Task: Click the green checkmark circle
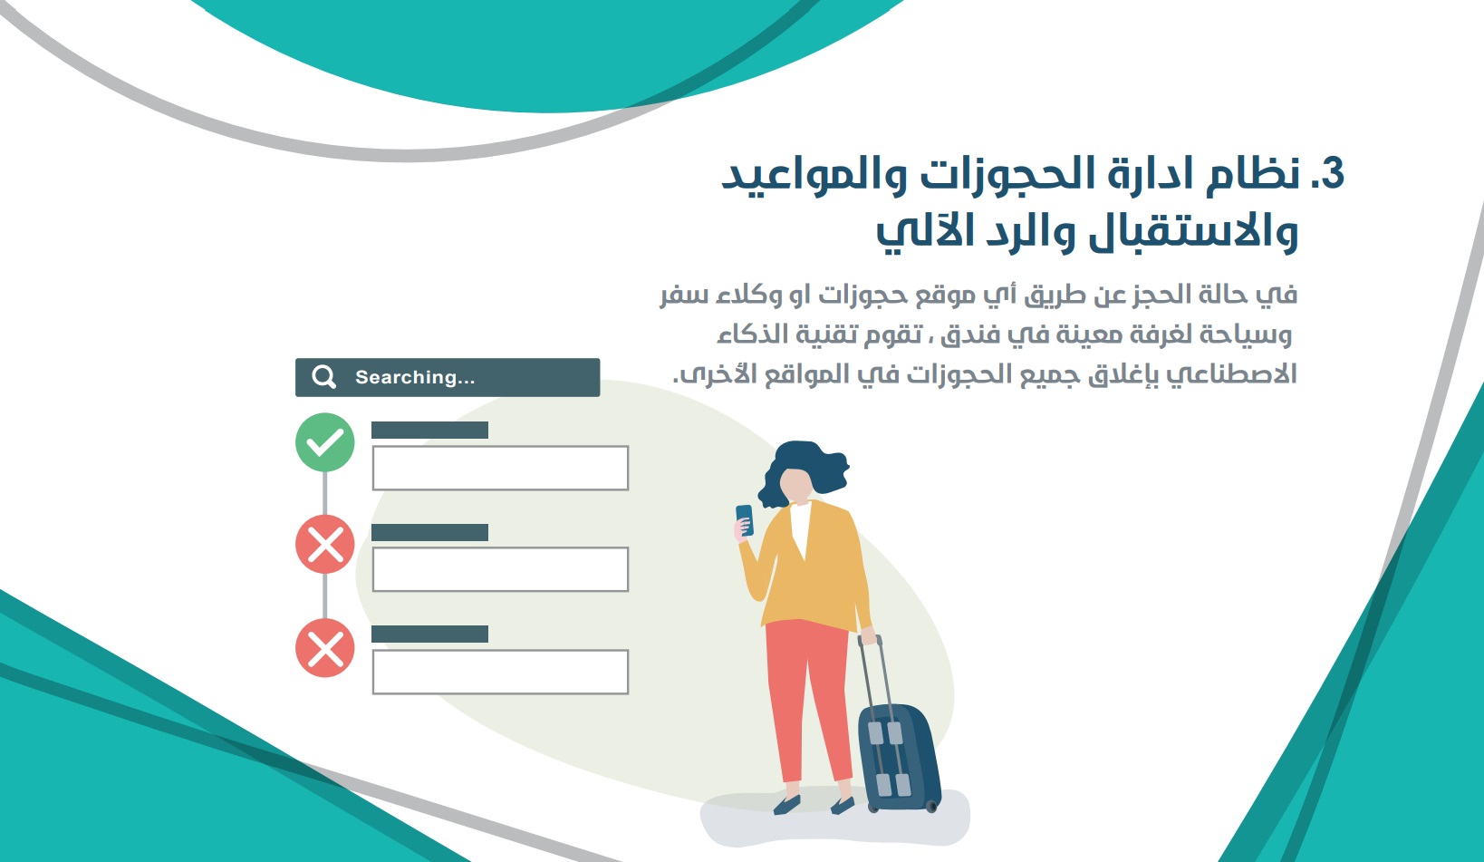[x=324, y=442]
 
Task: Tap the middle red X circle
[x=324, y=545]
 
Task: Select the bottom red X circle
[x=324, y=648]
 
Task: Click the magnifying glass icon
[x=324, y=377]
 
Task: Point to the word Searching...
[x=406, y=378]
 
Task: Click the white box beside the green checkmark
[x=500, y=468]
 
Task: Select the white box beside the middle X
[x=500, y=569]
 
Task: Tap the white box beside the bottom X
[x=500, y=672]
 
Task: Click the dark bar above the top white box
[x=430, y=430]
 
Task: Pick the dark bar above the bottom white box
[x=430, y=634]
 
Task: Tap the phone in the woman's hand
[x=745, y=519]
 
